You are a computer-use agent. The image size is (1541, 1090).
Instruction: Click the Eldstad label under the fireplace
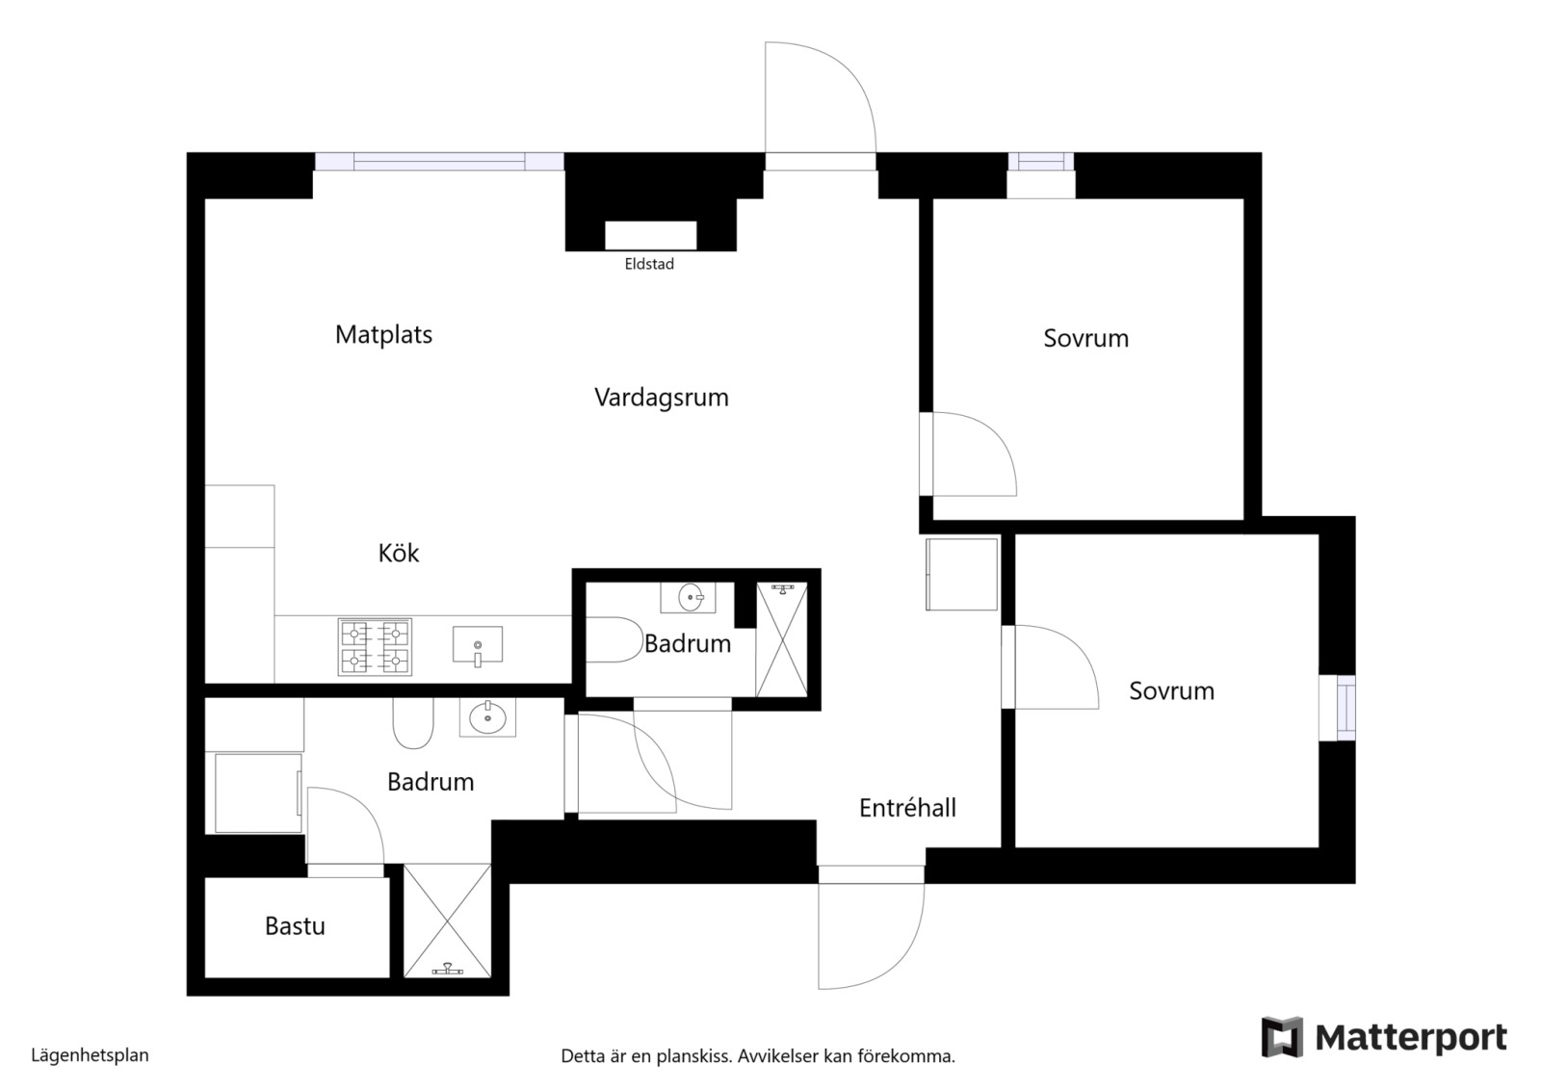click(649, 264)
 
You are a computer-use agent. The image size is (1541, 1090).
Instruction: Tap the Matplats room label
click(383, 335)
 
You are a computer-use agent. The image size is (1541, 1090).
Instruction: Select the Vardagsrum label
click(661, 398)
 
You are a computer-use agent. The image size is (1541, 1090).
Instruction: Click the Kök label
click(399, 553)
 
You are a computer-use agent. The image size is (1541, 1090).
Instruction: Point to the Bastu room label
click(295, 926)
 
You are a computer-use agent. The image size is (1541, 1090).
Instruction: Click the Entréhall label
click(907, 807)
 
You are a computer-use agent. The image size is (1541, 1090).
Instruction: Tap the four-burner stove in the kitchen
click(375, 647)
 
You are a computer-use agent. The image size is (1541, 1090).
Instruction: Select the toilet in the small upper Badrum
click(613, 640)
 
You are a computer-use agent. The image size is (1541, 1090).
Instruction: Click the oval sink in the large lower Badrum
click(487, 718)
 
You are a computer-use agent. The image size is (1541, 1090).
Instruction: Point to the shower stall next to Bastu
click(447, 921)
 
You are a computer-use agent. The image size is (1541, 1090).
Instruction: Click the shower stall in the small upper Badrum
click(781, 639)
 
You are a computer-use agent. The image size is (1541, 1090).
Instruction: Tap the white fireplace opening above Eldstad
click(650, 235)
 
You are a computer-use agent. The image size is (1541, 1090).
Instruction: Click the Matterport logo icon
click(1282, 1036)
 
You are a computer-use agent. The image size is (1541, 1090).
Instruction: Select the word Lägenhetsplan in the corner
click(91, 1055)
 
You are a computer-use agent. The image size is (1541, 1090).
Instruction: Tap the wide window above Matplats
click(439, 162)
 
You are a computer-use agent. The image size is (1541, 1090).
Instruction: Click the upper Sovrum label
click(1085, 338)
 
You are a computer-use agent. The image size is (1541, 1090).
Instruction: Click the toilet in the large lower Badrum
click(413, 723)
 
